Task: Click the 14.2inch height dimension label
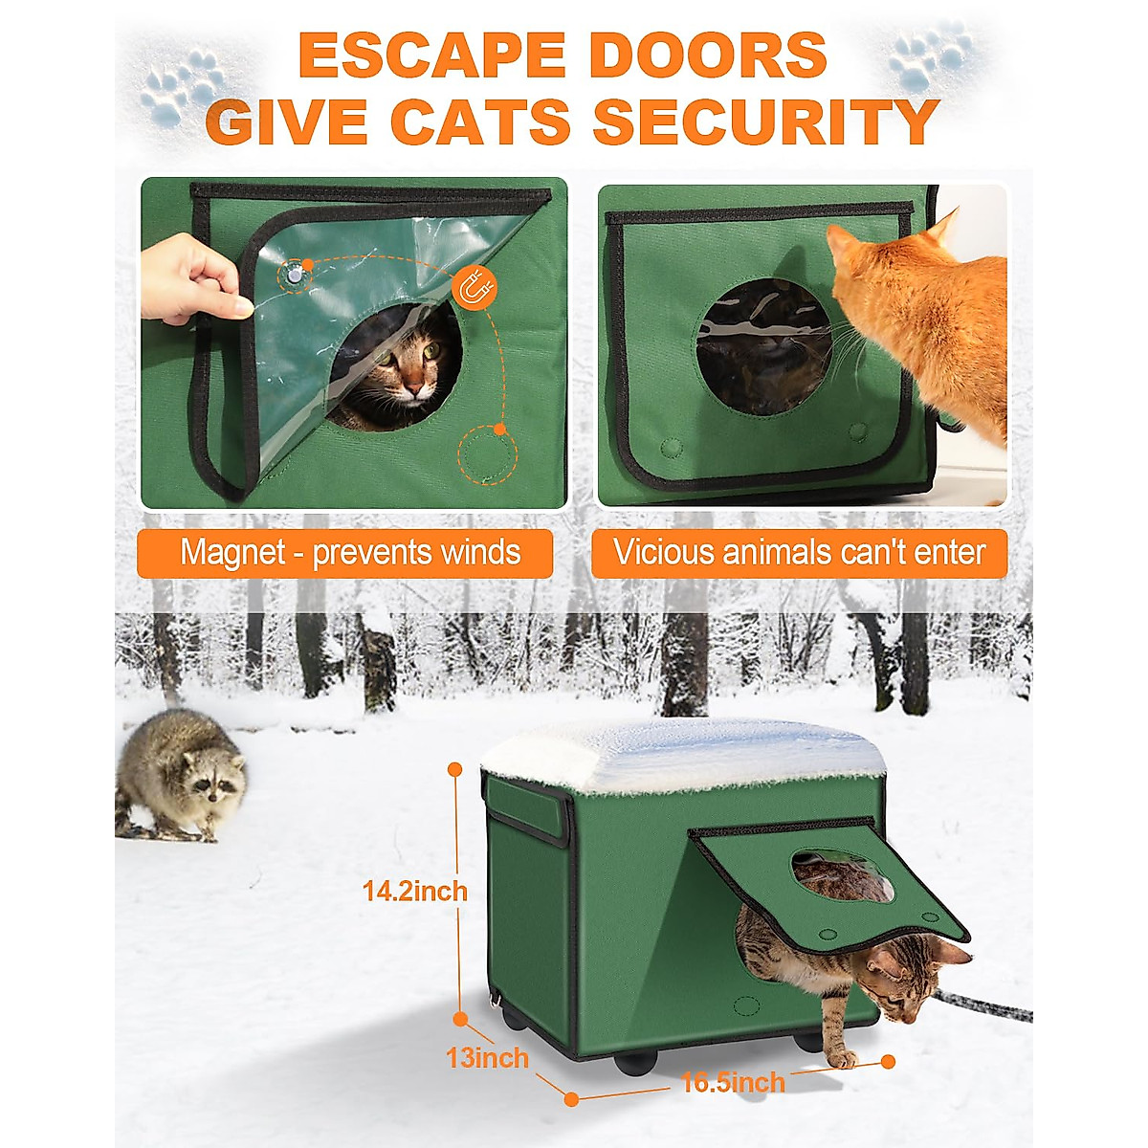click(x=415, y=891)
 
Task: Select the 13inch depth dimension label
click(x=487, y=1058)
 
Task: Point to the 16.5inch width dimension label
click(x=733, y=1082)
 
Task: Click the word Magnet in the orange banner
click(x=232, y=553)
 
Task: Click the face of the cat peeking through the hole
click(x=406, y=368)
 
